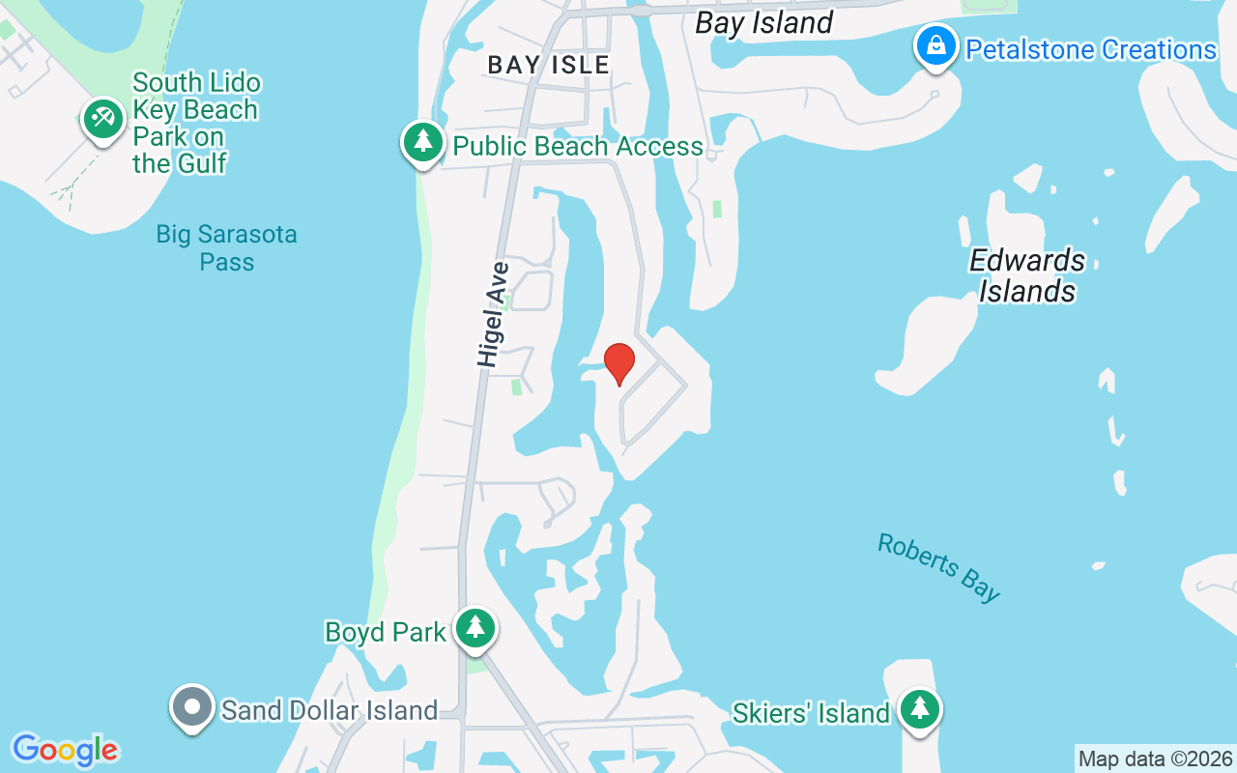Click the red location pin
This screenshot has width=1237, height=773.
click(x=619, y=363)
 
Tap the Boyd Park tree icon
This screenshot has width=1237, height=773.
click(x=475, y=628)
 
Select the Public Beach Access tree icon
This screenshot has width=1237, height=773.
click(x=422, y=143)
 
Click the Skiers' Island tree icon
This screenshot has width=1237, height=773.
click(x=919, y=710)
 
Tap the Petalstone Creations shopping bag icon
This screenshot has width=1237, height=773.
click(x=935, y=45)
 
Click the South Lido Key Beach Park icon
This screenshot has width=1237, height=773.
click(x=101, y=120)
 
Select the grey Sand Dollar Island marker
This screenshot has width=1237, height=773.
click(x=192, y=707)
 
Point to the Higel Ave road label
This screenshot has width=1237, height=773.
click(x=493, y=314)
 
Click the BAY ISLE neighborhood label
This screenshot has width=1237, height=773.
click(x=548, y=65)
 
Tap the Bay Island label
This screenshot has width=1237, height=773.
click(x=763, y=22)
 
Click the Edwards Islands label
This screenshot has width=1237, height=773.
click(x=1027, y=275)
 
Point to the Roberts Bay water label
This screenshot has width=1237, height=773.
click(x=938, y=567)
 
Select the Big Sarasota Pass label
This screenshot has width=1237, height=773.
click(x=226, y=248)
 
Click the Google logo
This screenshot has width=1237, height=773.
click(x=65, y=750)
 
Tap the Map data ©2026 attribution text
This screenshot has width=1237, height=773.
click(x=1155, y=759)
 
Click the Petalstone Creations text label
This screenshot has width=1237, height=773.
click(x=1091, y=49)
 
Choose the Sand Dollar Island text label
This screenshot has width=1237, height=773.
click(x=330, y=710)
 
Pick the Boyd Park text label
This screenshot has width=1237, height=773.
click(x=385, y=632)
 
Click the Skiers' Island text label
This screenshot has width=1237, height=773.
click(x=810, y=713)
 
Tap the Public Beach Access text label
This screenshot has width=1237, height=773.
click(x=578, y=146)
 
